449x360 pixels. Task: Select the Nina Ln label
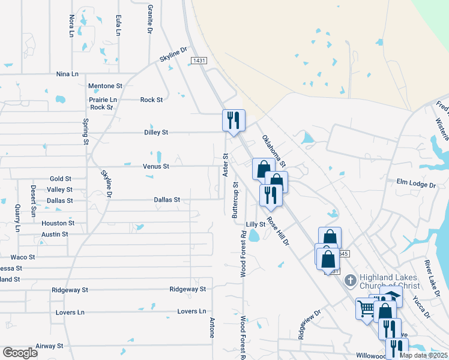click(67, 74)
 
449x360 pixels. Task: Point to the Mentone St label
click(105, 86)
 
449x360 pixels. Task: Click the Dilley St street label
click(156, 132)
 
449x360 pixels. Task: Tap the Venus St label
click(155, 166)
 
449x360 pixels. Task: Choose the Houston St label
click(58, 223)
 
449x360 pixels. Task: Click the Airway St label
click(49, 346)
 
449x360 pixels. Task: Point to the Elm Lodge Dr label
click(415, 183)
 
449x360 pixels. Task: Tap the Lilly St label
click(255, 224)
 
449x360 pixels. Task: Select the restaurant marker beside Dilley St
click(233, 120)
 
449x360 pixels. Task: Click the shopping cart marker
click(366, 309)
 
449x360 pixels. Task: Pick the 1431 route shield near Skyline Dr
click(199, 61)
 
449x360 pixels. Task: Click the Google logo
click(20, 353)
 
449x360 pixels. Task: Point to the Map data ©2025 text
click(423, 355)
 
